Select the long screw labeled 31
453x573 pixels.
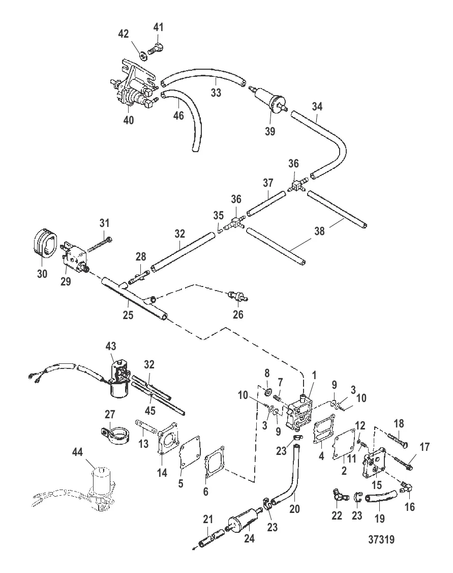(x=100, y=244)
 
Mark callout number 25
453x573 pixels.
(x=128, y=315)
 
